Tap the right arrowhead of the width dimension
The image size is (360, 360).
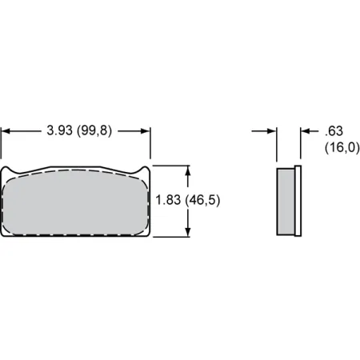click(146, 130)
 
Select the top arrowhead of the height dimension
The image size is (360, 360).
click(190, 170)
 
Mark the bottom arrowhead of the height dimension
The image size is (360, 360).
click(190, 233)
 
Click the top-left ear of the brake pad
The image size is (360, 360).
click(9, 170)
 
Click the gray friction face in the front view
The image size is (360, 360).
click(77, 204)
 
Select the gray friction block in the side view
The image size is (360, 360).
click(286, 201)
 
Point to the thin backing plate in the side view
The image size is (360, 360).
click(298, 201)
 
